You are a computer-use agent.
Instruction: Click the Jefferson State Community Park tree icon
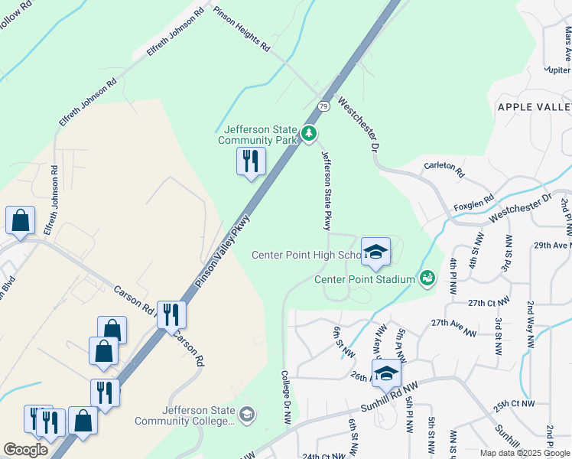tap(309, 134)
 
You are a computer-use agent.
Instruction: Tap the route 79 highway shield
tap(324, 106)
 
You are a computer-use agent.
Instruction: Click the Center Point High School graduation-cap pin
tap(375, 252)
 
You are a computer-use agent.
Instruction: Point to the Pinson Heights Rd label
tap(242, 30)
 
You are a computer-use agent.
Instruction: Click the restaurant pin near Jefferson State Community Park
tap(250, 161)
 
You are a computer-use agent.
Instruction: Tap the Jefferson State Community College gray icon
tap(246, 415)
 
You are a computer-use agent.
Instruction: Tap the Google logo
tap(25, 450)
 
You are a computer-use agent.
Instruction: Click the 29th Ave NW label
tap(552, 245)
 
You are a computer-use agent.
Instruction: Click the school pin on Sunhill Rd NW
tap(387, 373)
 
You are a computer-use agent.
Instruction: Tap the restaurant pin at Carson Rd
tap(171, 314)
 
